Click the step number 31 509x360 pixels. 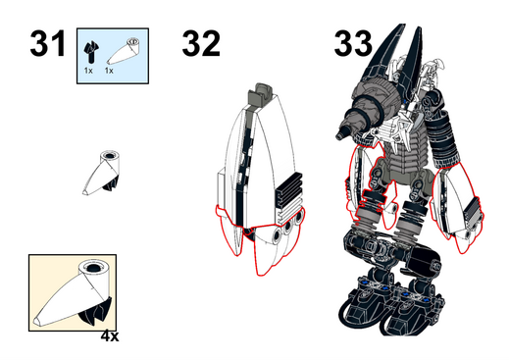coord(48,43)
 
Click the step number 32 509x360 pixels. coord(201,43)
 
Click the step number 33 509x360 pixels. coord(353,43)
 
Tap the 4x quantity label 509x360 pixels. coord(110,336)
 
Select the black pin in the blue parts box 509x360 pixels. coord(91,51)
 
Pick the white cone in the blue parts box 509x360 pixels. coord(124,51)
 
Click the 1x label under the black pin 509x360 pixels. coord(88,71)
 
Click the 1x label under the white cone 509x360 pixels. coord(109,71)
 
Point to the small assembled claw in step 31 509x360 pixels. coord(101,173)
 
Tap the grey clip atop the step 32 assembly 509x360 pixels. coord(262,92)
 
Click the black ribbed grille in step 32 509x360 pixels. coord(288,190)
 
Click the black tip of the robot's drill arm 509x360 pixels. coord(341,133)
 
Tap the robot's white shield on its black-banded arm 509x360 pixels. coord(456,206)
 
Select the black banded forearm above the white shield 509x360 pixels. coord(443,139)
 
